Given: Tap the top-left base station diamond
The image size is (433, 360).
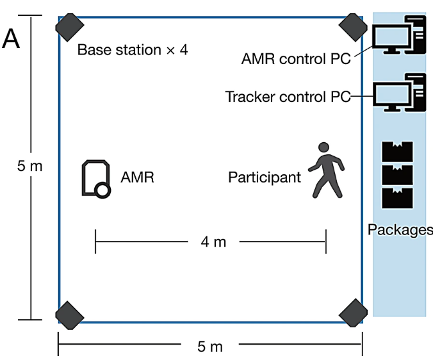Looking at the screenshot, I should pos(70,26).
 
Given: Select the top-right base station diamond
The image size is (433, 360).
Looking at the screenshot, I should pos(352,26).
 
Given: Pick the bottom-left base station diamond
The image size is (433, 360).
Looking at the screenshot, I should pos(70,313).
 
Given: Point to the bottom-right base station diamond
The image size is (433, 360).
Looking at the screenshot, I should pos(352,313).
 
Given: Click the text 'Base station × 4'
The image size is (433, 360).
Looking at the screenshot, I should pos(132,49).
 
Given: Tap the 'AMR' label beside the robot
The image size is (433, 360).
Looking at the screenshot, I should pos(137,177).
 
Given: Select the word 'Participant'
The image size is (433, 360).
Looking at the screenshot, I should pos(264,177).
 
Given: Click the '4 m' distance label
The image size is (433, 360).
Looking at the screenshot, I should pos(213,242).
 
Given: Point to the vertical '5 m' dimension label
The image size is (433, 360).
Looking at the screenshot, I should pos(29,167).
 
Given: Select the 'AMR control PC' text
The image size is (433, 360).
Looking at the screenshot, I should pos(296,60).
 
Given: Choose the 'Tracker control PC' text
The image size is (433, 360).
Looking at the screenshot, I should pos(288,97).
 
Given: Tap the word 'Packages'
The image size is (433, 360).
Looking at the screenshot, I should pos(400,229).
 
